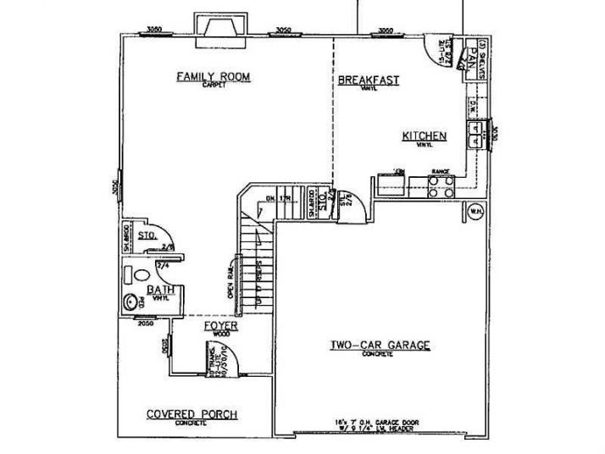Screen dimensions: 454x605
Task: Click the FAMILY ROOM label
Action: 213,77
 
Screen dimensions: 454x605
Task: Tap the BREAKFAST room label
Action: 369,80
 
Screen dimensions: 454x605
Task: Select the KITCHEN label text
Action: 425,136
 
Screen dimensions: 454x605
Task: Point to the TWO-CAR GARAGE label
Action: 380,345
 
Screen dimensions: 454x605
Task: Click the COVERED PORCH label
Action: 191,414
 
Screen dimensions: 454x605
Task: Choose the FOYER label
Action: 220,325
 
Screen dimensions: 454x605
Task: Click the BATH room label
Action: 161,290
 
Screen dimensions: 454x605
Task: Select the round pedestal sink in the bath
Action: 131,300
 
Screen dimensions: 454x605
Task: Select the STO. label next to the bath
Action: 145,236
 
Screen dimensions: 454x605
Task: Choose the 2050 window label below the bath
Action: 146,323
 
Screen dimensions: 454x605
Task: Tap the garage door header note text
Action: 380,424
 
